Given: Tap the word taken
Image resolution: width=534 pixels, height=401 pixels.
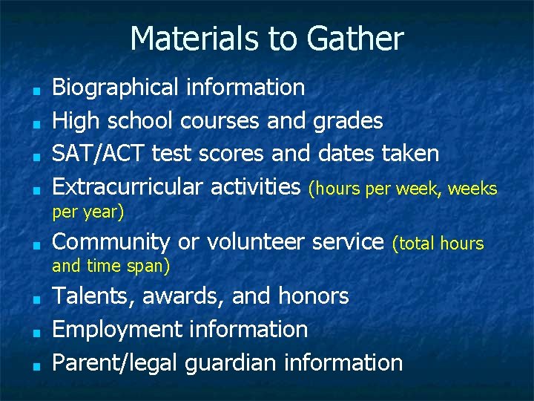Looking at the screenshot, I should (x=410, y=154).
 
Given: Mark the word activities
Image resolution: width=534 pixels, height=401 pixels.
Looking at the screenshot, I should (x=255, y=187).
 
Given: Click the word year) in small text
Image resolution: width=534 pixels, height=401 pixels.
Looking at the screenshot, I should (x=105, y=212).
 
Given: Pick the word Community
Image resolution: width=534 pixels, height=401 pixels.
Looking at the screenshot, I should (x=111, y=242).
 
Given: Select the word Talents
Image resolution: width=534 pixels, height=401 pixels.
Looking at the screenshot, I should (x=93, y=296).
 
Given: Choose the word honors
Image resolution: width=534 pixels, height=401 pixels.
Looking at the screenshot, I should (x=313, y=296).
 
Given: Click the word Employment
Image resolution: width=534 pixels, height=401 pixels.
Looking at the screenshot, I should (x=116, y=330).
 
